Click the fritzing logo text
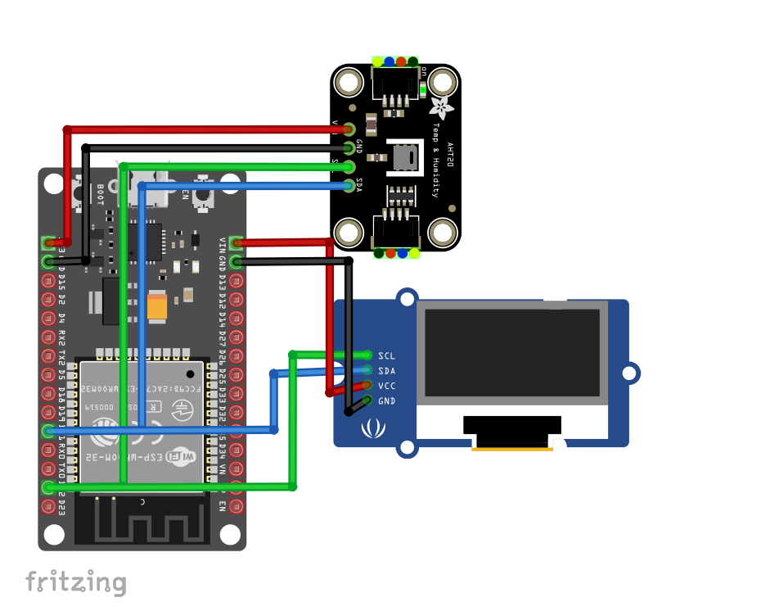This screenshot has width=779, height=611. tap(75, 582)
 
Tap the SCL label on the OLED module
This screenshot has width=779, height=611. tap(386, 355)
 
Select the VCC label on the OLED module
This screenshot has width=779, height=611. tap(386, 386)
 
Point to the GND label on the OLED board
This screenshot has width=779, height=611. tap(386, 401)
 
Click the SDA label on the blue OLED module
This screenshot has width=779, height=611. tap(386, 371)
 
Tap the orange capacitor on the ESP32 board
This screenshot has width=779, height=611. tap(157, 305)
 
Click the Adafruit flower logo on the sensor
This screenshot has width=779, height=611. tap(441, 107)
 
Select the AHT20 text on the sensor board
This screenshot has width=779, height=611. tap(448, 156)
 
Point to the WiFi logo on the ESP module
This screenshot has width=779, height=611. tap(181, 455)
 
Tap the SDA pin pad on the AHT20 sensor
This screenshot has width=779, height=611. tap(349, 184)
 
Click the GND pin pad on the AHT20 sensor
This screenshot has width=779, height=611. tap(349, 147)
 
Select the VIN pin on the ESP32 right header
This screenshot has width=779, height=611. tap(236, 242)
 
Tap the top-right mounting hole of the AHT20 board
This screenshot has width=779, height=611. tap(443, 82)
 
